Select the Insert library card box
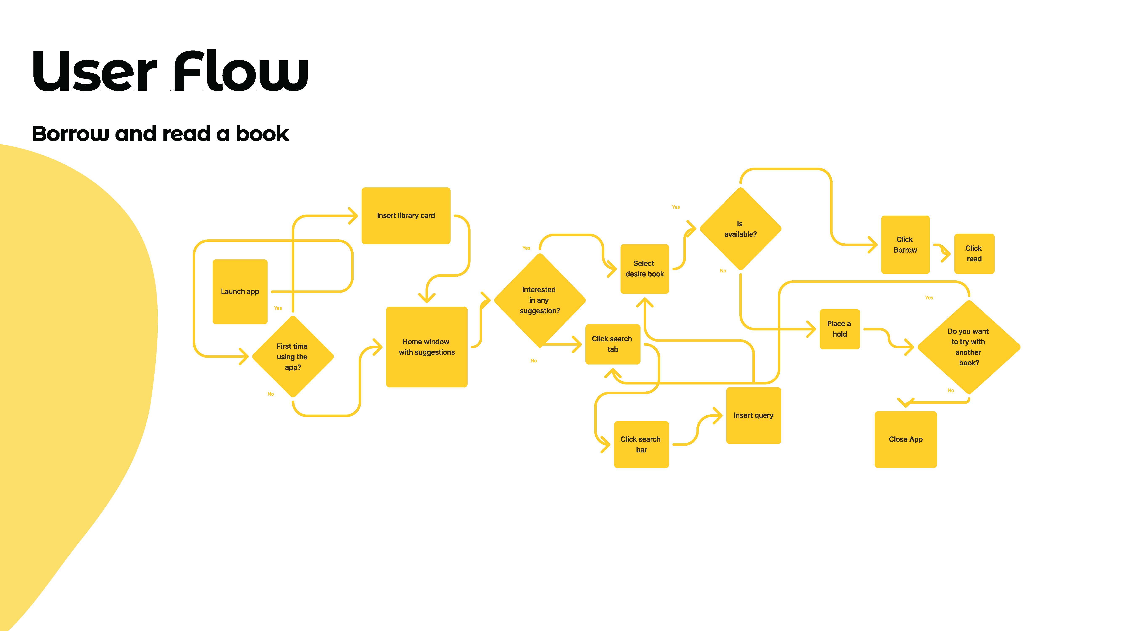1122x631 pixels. [406, 216]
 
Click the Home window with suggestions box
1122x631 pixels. [426, 347]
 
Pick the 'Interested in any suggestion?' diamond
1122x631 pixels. [539, 300]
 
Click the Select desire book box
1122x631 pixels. [644, 269]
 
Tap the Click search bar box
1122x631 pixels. [641, 444]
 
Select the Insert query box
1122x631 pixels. [753, 415]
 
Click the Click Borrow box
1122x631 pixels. [905, 245]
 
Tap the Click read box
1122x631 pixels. [974, 253]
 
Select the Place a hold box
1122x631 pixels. [839, 329]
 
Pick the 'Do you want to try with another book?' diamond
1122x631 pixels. [968, 347]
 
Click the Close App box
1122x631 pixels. [906, 439]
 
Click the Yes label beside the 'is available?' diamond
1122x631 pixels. [676, 207]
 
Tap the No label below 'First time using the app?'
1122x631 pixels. [271, 394]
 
